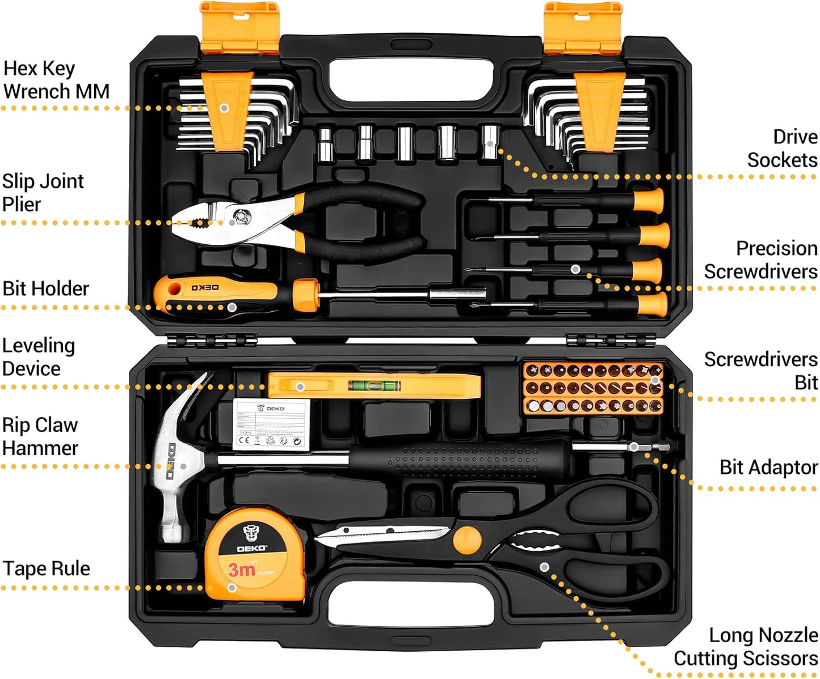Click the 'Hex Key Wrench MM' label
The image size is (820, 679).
[56, 80]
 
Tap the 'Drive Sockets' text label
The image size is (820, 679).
[782, 148]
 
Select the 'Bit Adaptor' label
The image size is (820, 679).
[768, 468]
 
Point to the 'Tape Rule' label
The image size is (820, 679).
[47, 568]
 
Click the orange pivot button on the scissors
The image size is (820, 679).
[467, 540]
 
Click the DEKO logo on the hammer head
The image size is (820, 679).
[171, 461]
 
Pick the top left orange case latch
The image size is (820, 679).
[240, 27]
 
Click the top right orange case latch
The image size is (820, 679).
[583, 27]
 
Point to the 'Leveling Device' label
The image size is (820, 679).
[38, 357]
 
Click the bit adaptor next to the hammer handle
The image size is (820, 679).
[647, 447]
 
